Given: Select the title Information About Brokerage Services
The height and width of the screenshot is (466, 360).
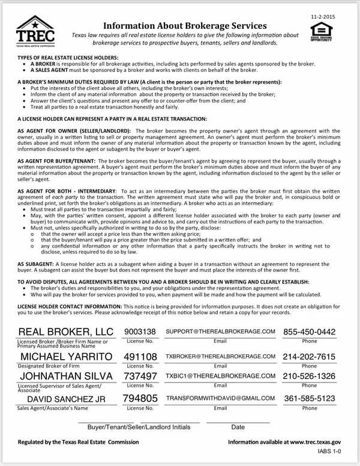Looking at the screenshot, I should pyautogui.click(x=185, y=26).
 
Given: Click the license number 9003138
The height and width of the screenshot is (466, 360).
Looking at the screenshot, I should pyautogui.click(x=140, y=331).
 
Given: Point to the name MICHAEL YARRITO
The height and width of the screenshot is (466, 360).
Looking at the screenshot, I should pyautogui.click(x=66, y=357).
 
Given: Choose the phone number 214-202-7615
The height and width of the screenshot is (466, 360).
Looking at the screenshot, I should pyautogui.click(x=310, y=357).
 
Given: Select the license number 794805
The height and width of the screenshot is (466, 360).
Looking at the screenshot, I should pyautogui.click(x=140, y=398).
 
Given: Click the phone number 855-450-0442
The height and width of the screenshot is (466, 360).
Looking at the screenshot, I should pyautogui.click(x=310, y=331).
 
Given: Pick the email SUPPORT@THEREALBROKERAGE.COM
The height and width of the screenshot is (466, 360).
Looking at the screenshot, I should pyautogui.click(x=220, y=331).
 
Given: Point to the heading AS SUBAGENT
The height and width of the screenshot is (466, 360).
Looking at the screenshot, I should pyautogui.click(x=38, y=264).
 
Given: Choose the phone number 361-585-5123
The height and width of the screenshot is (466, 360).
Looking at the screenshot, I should pyautogui.click(x=310, y=398).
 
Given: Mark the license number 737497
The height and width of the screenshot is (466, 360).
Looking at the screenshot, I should pyautogui.click(x=140, y=375).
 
